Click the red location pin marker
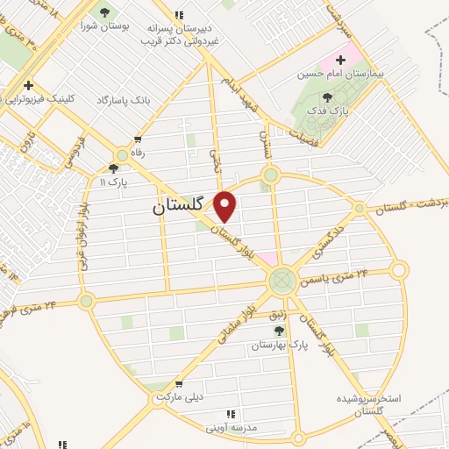(x=226, y=206)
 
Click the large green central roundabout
(x=282, y=281)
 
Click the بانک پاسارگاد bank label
(x=124, y=101)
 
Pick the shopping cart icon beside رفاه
(x=139, y=139)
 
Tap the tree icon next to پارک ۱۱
(x=113, y=167)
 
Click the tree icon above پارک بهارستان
(x=279, y=330)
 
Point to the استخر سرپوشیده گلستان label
(x=369, y=404)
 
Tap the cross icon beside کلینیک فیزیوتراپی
(x=29, y=87)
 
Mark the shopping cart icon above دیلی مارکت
(x=179, y=383)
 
